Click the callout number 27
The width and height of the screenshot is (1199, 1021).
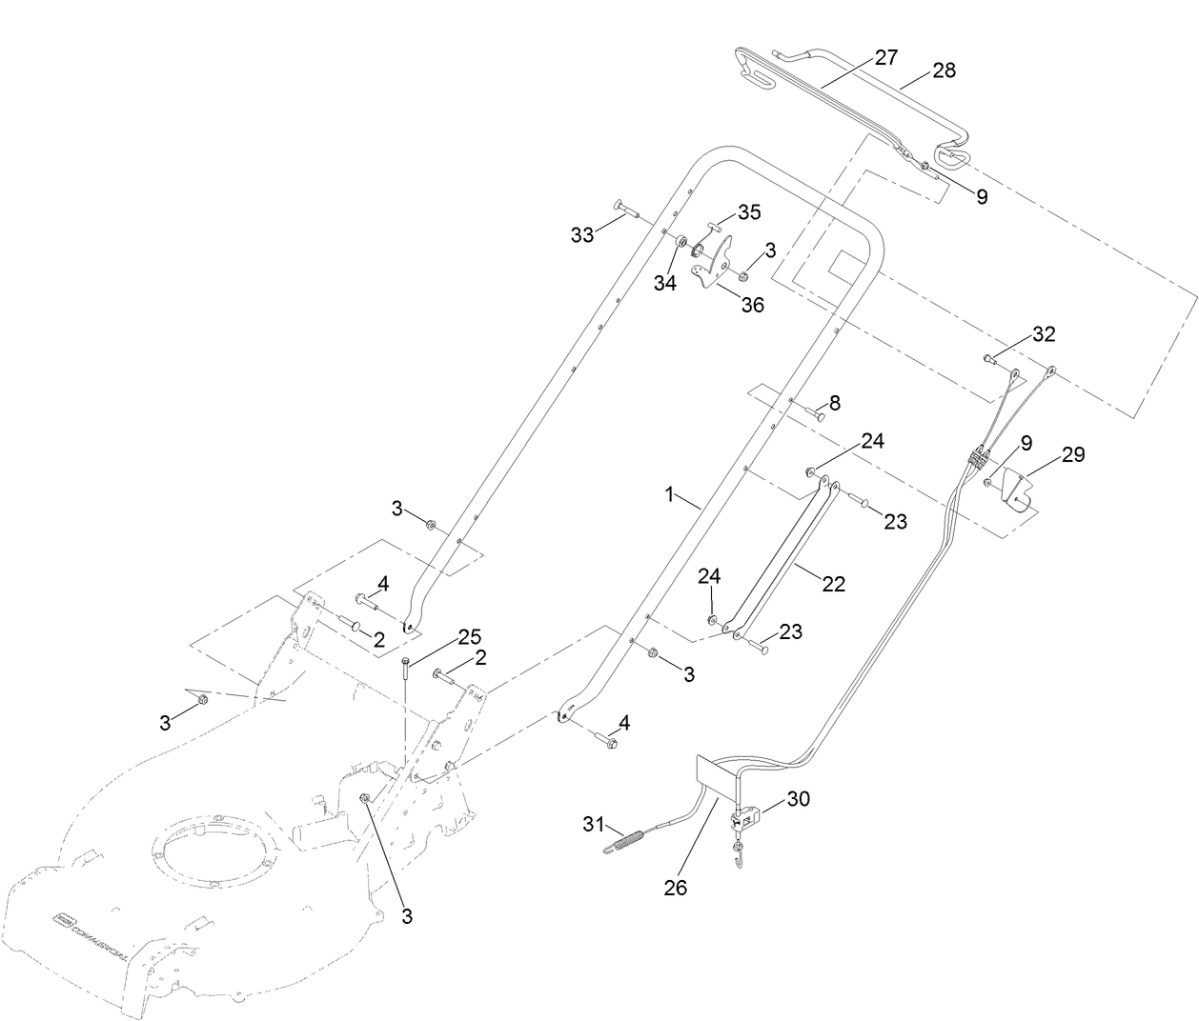point(885,58)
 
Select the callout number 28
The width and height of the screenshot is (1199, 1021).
point(944,70)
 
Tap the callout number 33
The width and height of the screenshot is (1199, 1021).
point(582,234)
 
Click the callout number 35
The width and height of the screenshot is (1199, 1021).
point(749,210)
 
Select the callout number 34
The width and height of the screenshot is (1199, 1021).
point(664,283)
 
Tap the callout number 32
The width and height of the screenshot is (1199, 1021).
point(1044,334)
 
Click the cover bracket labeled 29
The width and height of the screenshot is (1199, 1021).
point(1020,490)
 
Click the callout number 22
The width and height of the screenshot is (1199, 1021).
point(833,584)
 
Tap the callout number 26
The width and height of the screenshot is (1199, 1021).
point(677,888)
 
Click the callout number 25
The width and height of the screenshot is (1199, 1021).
point(469,635)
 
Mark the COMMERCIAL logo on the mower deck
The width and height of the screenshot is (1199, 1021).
point(91,923)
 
